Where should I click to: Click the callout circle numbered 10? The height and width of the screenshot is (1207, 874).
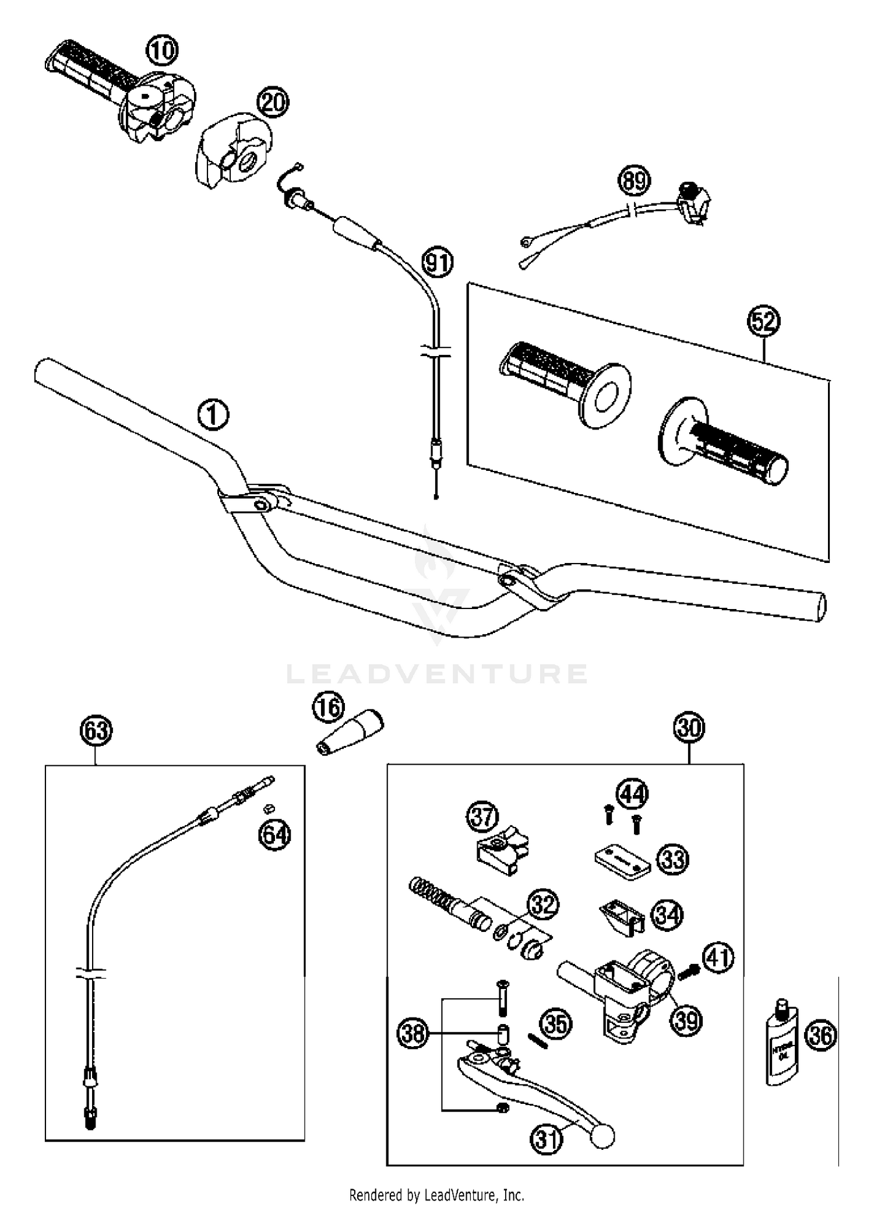click(161, 51)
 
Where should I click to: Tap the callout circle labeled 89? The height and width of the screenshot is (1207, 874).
click(634, 181)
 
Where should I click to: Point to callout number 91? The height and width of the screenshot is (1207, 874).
click(438, 263)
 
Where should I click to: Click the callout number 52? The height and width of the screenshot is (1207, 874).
click(763, 322)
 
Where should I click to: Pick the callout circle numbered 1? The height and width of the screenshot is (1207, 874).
click(213, 416)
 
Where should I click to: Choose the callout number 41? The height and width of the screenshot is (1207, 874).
click(718, 959)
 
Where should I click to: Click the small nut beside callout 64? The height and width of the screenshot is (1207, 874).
click(269, 807)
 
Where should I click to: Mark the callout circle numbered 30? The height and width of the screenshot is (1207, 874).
click(689, 728)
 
